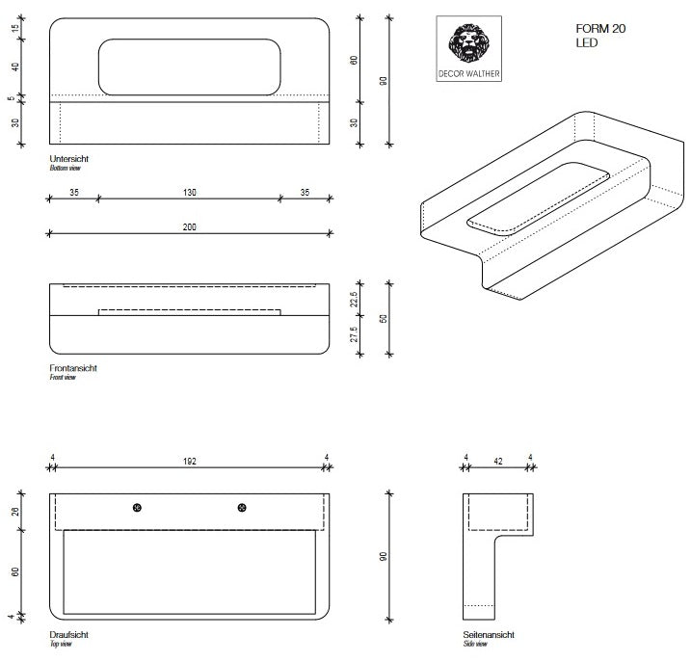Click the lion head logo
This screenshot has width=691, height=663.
click(469, 43)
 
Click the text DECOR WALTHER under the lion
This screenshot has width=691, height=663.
click(469, 73)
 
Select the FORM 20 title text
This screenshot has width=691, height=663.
click(600, 29)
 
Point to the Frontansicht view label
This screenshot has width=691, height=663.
click(72, 368)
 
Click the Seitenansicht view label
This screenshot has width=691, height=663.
click(488, 636)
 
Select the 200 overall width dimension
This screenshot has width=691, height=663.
click(189, 227)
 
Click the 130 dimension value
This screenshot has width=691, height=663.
click(189, 193)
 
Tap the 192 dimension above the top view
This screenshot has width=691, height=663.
click(189, 461)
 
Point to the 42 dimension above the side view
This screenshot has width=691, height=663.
click(498, 461)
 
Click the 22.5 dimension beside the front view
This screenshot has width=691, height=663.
click(355, 299)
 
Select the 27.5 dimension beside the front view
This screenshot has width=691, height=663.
click(355, 334)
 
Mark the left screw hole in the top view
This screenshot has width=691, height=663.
click(138, 508)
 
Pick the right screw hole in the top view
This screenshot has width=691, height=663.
click(240, 508)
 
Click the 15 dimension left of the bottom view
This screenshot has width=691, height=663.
click(15, 29)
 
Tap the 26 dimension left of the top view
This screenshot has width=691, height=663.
click(15, 511)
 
